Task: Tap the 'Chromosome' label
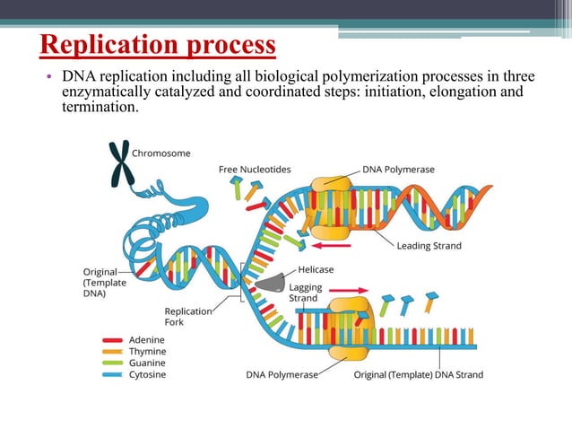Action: [x=161, y=153]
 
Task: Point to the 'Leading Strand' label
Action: [x=429, y=246]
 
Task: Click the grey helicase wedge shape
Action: [x=268, y=282]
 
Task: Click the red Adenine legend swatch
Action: [x=113, y=341]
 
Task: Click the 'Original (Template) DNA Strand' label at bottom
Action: [x=418, y=374]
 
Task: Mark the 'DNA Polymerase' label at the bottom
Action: [x=282, y=374]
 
